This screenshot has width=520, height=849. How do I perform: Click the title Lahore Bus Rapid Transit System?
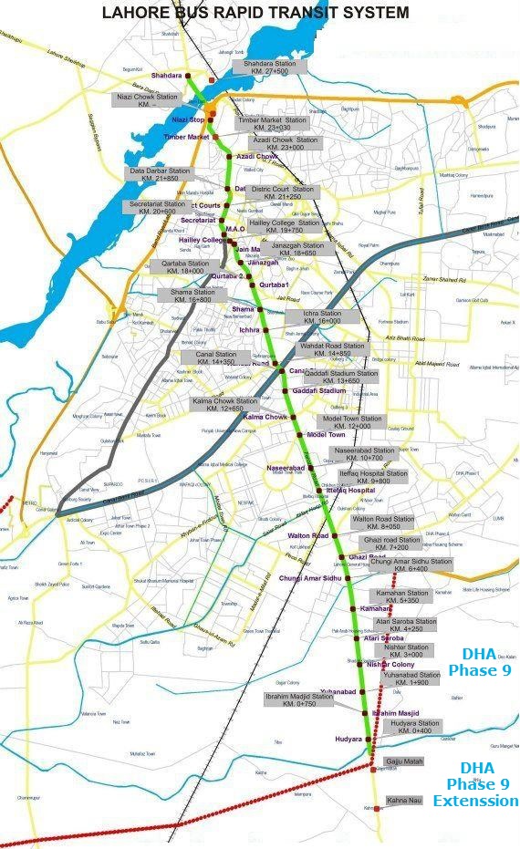pyautogui.click(x=255, y=12)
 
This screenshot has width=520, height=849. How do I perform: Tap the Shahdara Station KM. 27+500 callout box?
pyautogui.click(x=265, y=67)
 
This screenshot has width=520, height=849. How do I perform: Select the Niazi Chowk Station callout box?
pyautogui.click(x=147, y=100)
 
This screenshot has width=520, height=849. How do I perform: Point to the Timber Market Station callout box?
pyautogui.click(x=273, y=124)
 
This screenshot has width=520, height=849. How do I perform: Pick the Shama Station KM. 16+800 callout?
pyautogui.click(x=191, y=295)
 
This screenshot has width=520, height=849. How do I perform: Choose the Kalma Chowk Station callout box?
pyautogui.click(x=224, y=405)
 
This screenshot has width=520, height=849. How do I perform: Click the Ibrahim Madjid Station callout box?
pyautogui.click(x=298, y=699)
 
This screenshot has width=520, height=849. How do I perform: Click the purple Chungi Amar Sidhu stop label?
pyautogui.click(x=310, y=578)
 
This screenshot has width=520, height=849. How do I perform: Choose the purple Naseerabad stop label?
pyautogui.click(x=286, y=468)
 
